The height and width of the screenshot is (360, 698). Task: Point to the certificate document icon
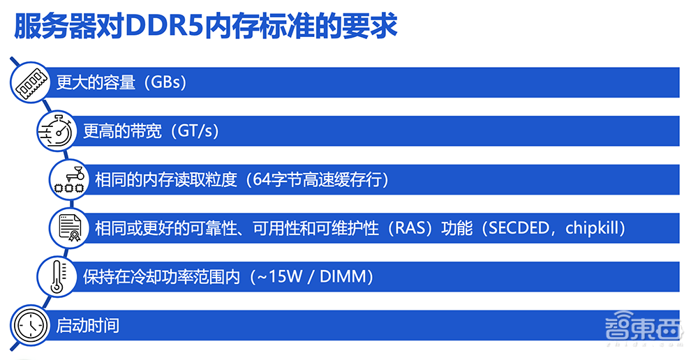point(68,227)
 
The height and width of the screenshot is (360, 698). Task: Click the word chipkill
point(593,228)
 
